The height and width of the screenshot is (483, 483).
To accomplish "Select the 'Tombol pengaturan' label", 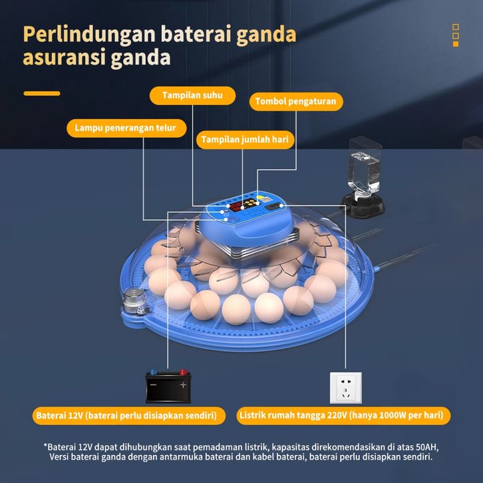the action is point(296,102).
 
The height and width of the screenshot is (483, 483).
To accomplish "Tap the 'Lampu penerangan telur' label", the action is point(125,128).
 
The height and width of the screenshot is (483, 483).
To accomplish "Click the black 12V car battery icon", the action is point(170,385).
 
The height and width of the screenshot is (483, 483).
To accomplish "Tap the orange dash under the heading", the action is point(42,93).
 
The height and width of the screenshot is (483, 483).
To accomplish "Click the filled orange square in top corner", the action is point(456,44).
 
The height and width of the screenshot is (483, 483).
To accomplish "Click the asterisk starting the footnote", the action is point(47,445).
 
